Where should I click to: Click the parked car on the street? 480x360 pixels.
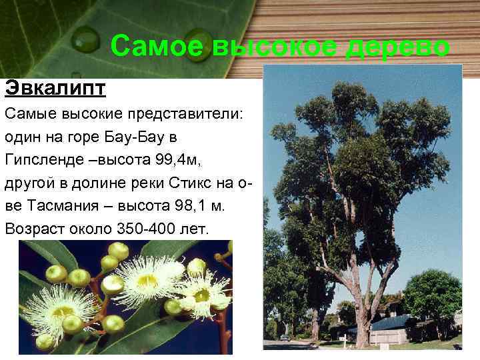point(285,338)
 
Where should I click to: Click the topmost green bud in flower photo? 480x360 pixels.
point(118,251)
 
